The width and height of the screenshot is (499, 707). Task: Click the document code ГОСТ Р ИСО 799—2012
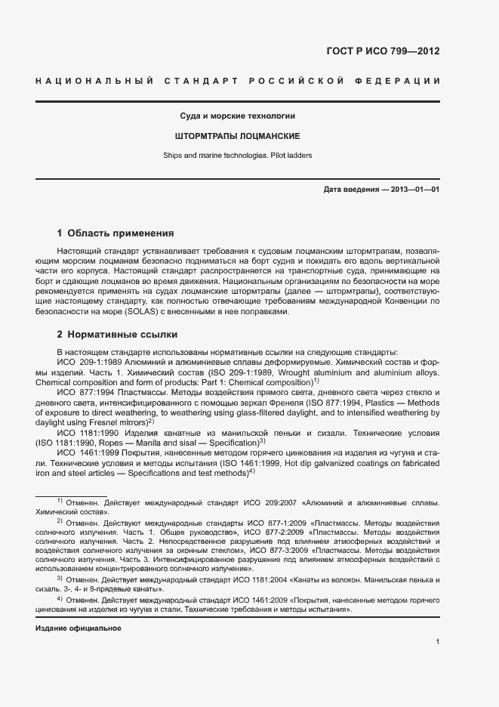382,51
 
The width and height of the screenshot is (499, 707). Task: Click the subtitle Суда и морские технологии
236,116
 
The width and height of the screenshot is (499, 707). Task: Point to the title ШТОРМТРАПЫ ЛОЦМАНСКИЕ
236,136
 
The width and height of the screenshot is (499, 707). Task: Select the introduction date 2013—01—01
414,189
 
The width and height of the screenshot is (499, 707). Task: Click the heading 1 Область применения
116,233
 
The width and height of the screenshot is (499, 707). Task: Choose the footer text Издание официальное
79,628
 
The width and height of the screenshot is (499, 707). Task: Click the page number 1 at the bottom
437,641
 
